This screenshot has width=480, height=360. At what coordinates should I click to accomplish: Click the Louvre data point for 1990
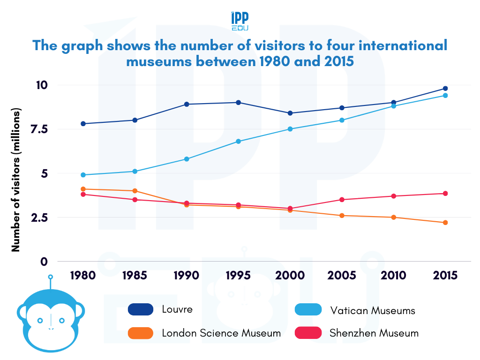(187, 104)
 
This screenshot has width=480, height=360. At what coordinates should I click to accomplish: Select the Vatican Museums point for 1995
(239, 141)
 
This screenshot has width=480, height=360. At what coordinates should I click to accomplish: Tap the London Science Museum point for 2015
(445, 223)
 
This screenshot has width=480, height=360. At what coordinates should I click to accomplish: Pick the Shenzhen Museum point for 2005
(342, 200)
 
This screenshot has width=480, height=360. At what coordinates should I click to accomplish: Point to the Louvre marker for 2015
(445, 89)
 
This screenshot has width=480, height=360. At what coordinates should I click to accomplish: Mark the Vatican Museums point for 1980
(83, 175)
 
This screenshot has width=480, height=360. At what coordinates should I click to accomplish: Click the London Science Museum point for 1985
(135, 191)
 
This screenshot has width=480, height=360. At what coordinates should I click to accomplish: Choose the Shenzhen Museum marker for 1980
(83, 194)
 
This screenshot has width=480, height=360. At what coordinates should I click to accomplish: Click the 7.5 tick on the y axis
(49, 129)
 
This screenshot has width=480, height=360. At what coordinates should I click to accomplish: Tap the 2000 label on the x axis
(290, 276)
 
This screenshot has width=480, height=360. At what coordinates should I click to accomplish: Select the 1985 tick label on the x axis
(135, 276)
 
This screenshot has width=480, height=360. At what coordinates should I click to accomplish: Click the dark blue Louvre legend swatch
(141, 309)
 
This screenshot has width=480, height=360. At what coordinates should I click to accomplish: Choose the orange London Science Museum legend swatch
(141, 333)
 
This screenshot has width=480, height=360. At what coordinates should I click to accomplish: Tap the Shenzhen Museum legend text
(374, 333)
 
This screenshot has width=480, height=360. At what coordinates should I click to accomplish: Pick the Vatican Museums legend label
(373, 310)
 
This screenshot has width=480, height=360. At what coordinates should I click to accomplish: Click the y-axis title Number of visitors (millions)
(16, 180)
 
